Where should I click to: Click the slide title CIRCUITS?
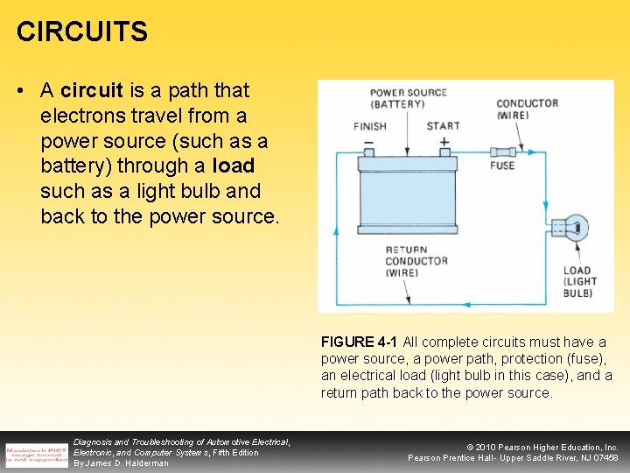click(x=82, y=32)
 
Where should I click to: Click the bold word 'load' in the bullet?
click(x=233, y=166)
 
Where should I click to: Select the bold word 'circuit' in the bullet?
click(x=92, y=90)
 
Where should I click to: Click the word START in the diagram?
click(x=443, y=126)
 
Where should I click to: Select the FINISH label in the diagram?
click(x=369, y=126)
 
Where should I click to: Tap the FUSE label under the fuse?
click(x=502, y=166)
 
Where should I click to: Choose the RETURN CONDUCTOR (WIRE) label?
click(x=416, y=261)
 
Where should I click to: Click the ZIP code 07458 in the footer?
click(x=603, y=458)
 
